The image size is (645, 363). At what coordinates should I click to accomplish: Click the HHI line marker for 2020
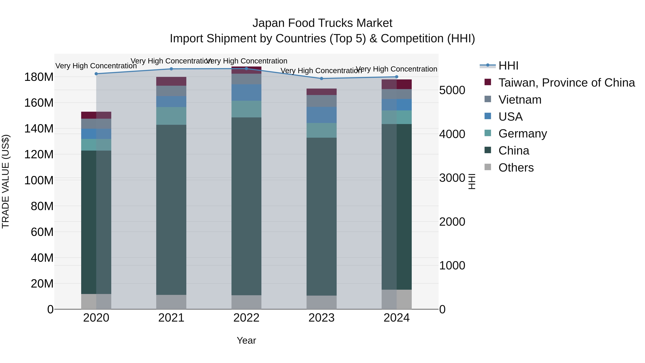(x=96, y=74)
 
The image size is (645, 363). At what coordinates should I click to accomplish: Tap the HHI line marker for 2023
(x=321, y=78)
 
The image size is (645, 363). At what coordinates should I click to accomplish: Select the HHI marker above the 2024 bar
(x=397, y=77)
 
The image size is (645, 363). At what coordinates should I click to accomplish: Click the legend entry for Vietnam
(x=520, y=100)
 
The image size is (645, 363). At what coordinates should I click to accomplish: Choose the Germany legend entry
(x=523, y=134)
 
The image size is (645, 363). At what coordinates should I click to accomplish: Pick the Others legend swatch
(x=488, y=167)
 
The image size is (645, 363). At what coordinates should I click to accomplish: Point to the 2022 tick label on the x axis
(x=246, y=318)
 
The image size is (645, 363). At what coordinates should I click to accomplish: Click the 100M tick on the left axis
(x=39, y=180)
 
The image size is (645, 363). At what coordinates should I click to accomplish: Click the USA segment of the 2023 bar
(x=321, y=115)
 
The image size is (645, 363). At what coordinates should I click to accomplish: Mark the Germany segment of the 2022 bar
(x=246, y=109)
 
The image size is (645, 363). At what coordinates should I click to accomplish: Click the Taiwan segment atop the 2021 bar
(x=171, y=81)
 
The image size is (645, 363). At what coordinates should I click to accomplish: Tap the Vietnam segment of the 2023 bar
(x=321, y=101)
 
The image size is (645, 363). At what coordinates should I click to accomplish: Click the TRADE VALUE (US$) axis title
(x=6, y=181)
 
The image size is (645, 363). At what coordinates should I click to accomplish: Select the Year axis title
(x=246, y=340)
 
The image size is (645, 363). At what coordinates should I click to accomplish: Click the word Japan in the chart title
(x=269, y=23)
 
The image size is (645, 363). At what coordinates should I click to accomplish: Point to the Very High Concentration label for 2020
(x=96, y=66)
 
